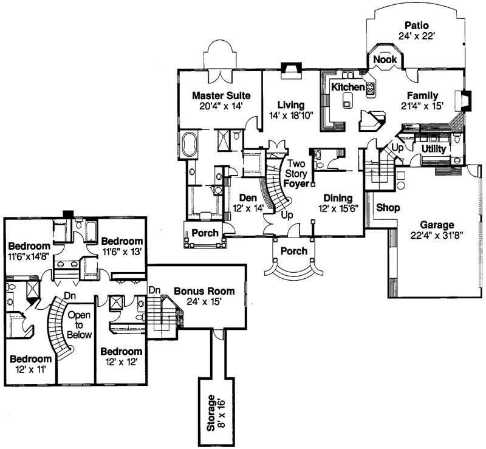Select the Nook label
(x=385, y=60)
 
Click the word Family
(x=423, y=95)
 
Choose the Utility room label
(x=434, y=149)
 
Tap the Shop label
(x=388, y=208)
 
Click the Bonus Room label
(x=196, y=290)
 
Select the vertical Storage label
(x=211, y=413)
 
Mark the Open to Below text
(x=79, y=325)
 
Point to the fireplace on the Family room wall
(x=466, y=100)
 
